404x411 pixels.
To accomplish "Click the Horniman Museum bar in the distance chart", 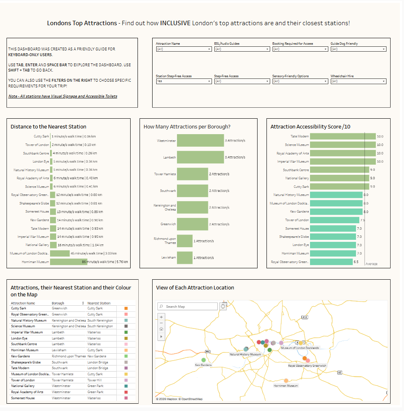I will [68, 262].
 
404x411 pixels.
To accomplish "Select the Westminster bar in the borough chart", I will [200, 141].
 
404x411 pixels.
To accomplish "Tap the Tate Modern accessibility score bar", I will [343, 137].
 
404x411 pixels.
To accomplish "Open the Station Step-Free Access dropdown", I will [184, 81].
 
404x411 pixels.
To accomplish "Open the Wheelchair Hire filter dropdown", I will [358, 81].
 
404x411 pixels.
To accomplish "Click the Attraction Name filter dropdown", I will [184, 49].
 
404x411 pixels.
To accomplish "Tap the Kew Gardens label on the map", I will [203, 365].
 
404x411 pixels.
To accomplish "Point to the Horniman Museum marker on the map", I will [286, 381].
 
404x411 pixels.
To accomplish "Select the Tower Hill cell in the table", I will [94, 380].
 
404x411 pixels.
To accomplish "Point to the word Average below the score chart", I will [371, 264].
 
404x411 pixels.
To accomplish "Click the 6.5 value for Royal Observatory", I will [356, 262].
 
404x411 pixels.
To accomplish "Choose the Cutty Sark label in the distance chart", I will [41, 137].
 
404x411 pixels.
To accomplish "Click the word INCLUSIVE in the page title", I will [175, 23].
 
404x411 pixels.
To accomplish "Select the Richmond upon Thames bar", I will [185, 241].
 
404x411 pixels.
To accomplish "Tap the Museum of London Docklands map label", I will [300, 348].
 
